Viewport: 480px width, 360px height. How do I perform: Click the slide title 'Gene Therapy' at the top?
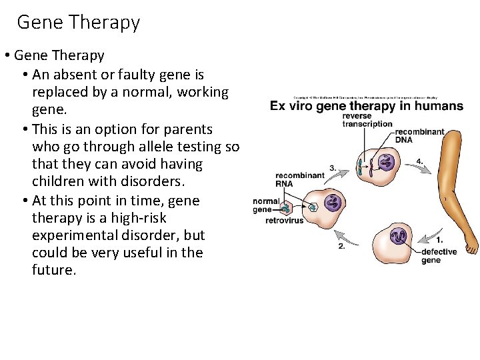[79, 22]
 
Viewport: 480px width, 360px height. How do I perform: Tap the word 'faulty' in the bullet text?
[133, 75]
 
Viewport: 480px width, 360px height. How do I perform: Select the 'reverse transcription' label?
[367, 120]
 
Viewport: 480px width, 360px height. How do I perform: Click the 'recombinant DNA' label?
[419, 135]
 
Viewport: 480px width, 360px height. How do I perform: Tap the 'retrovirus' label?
[285, 221]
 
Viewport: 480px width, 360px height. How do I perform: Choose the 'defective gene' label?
[439, 255]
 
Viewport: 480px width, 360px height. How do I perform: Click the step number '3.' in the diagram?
[333, 168]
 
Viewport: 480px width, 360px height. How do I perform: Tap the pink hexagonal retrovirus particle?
[286, 207]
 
